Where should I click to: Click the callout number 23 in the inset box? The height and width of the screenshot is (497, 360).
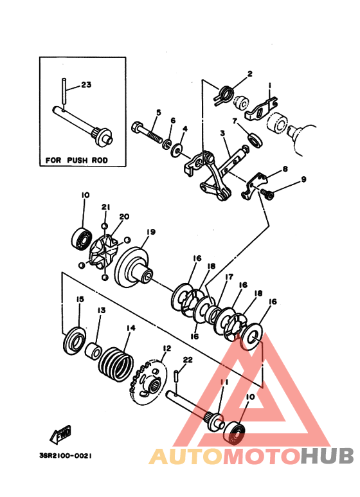point(86,85)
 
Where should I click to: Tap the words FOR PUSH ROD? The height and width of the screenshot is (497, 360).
point(76,160)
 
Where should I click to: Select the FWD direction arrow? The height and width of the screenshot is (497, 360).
point(60,435)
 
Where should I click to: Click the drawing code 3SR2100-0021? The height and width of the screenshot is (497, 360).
point(66,456)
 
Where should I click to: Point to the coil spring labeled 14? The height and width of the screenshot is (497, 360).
point(116,365)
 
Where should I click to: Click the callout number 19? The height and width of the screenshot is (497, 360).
point(151,232)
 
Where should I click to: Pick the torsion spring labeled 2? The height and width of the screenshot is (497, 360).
point(224,95)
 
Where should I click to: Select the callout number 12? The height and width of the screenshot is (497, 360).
point(167,348)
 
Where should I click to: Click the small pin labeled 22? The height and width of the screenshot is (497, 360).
point(177,376)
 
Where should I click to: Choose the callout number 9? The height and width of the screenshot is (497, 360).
point(303,179)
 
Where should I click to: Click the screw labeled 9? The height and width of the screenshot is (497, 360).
point(267,194)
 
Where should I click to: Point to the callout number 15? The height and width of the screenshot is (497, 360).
point(80,299)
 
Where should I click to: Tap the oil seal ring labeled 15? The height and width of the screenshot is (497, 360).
point(74,340)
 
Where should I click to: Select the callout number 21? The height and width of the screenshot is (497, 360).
point(106,207)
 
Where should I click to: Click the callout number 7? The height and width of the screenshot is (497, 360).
point(235,122)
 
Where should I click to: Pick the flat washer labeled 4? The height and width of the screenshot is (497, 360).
point(178,150)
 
